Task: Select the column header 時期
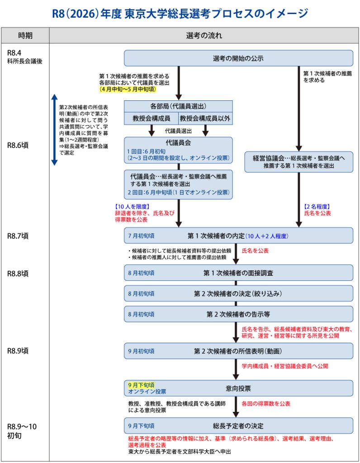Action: [x=25, y=35]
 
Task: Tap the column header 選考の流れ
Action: [x=204, y=35]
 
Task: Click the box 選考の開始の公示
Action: [x=238, y=58]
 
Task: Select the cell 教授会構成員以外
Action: [x=204, y=118]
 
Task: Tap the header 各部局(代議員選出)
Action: [x=178, y=106]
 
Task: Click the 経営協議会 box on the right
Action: [x=298, y=162]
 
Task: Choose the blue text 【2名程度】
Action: [x=318, y=207]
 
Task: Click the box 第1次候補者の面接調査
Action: [x=238, y=273]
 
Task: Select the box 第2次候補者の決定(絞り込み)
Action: [x=238, y=293]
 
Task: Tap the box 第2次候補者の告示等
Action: [x=238, y=314]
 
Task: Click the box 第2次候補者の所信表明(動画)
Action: [x=238, y=351]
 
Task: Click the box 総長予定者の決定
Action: [x=238, y=425]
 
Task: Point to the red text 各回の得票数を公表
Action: [x=266, y=403]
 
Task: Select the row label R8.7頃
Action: [x=18, y=236]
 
